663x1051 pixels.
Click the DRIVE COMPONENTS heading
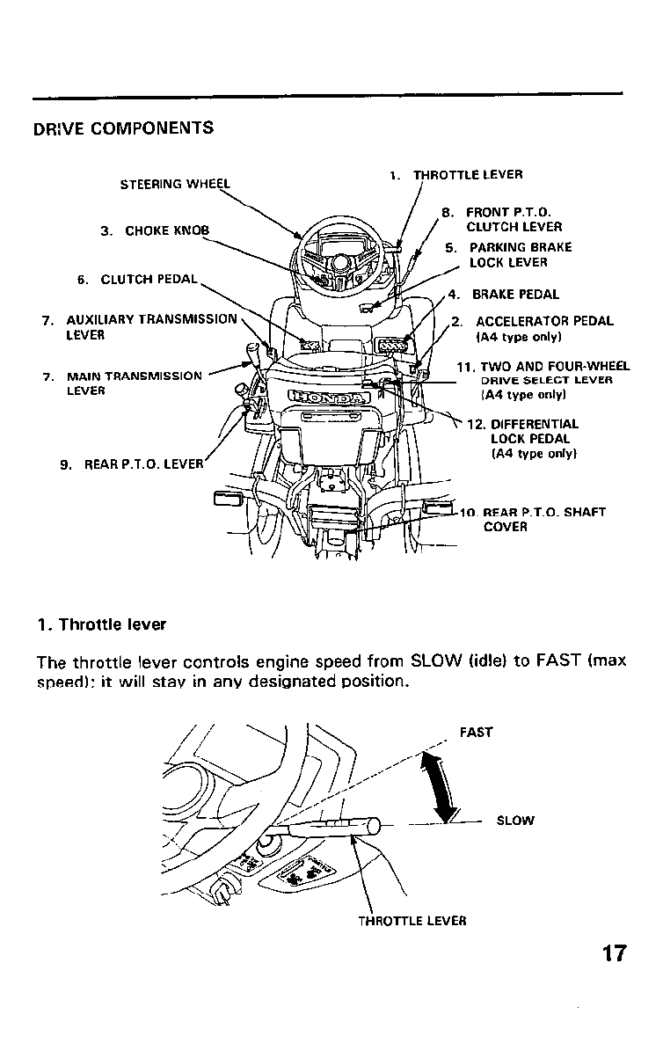[123, 128]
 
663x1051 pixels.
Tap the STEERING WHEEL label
[174, 184]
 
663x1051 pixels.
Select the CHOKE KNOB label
[156, 231]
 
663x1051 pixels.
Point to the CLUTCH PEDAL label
[139, 281]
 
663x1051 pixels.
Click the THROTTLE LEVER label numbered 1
[456, 175]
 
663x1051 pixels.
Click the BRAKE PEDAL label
[514, 295]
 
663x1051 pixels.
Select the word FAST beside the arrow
[476, 732]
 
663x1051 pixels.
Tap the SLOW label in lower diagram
[514, 821]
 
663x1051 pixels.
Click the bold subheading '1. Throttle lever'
[101, 625]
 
